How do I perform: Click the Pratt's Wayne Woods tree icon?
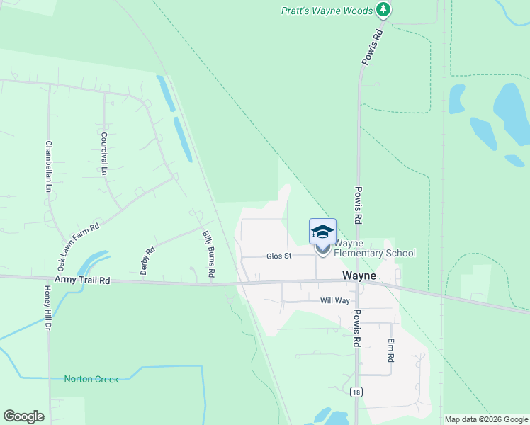[x=383, y=9]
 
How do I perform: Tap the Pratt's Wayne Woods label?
[x=326, y=11]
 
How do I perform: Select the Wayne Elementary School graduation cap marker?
[x=322, y=232]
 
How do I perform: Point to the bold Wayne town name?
[x=359, y=276]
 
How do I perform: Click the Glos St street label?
[x=279, y=256]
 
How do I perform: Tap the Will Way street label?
[x=335, y=301]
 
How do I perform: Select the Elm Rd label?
[x=390, y=351]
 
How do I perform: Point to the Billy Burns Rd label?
[x=208, y=254]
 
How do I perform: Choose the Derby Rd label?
[x=147, y=261]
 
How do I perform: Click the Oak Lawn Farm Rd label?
[x=78, y=246]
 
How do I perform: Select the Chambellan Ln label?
[x=49, y=166]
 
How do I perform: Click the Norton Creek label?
[x=91, y=379]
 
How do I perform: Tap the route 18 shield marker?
[x=356, y=392]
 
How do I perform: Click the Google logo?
[x=23, y=416]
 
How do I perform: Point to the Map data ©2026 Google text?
[x=485, y=419]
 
